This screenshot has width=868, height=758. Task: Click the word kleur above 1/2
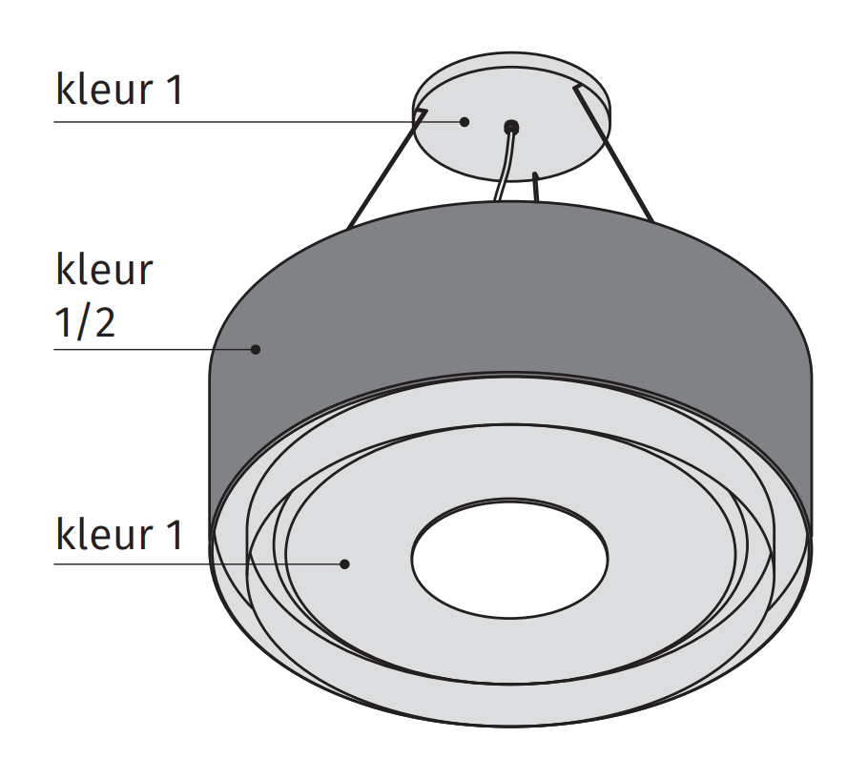tap(103, 270)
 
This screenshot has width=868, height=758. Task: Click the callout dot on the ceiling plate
tap(465, 121)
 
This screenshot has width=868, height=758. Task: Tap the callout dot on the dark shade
tap(256, 349)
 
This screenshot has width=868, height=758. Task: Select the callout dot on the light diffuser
tap(345, 563)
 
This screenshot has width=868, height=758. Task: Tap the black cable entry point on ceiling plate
tap(511, 125)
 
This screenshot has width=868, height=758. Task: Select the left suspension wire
tap(382, 172)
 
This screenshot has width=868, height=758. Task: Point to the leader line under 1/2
tap(153, 349)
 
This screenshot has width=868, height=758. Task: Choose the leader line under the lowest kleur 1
tap(191, 563)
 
